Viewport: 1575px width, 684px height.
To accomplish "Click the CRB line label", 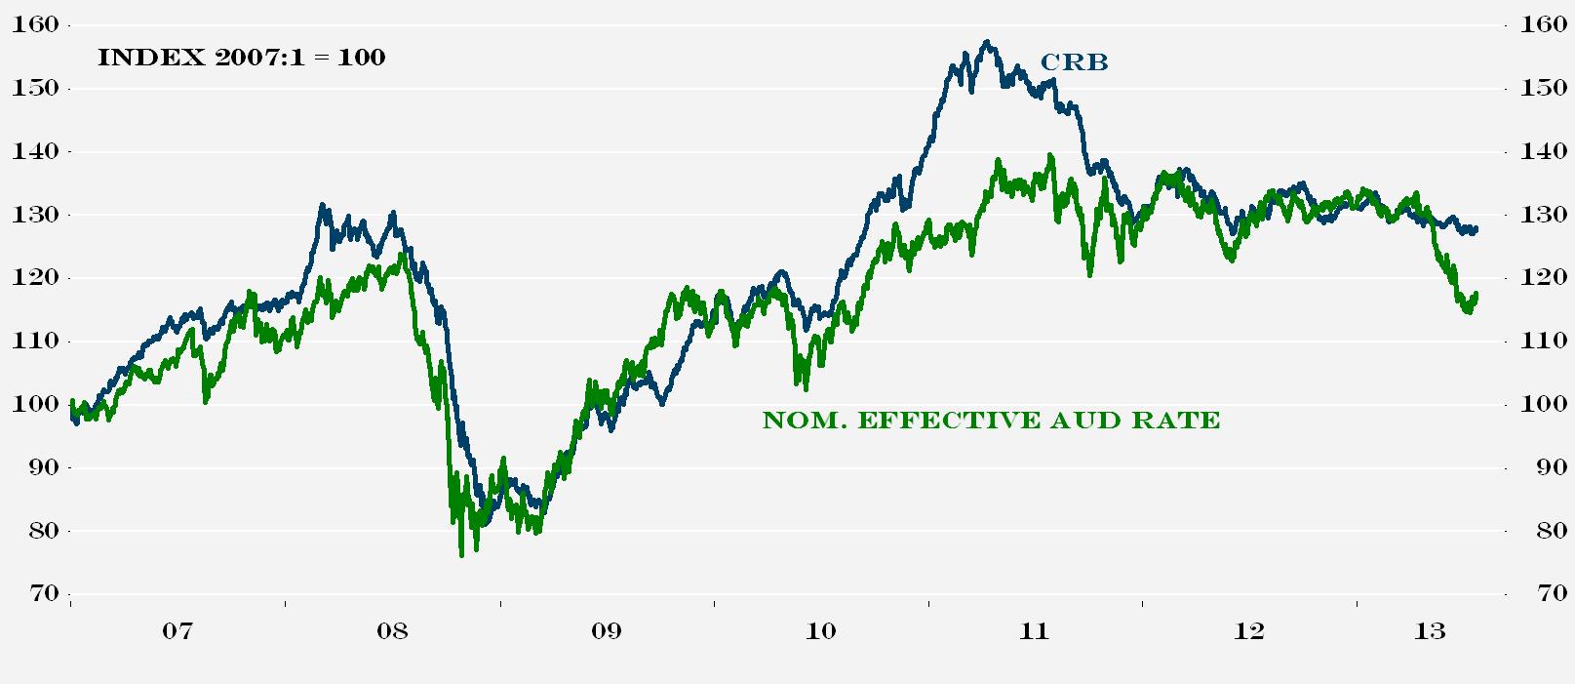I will pyautogui.click(x=1074, y=62).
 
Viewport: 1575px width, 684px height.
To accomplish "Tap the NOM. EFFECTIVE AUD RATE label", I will pyautogui.click(x=991, y=421).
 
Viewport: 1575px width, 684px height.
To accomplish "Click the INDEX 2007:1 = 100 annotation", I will pyautogui.click(x=241, y=58).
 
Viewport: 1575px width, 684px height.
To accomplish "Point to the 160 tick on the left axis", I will pyautogui.click(x=35, y=25).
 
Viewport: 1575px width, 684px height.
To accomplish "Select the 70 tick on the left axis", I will pyautogui.click(x=41, y=594).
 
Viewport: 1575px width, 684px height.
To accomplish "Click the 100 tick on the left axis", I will pyautogui.click(x=35, y=405).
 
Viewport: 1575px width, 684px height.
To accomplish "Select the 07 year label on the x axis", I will pyautogui.click(x=177, y=631).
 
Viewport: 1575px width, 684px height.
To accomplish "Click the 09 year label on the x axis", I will pyautogui.click(x=606, y=631).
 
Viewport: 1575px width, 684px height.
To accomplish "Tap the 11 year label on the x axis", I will pyautogui.click(x=1034, y=631).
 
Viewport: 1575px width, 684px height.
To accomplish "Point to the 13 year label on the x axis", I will pyautogui.click(x=1430, y=631).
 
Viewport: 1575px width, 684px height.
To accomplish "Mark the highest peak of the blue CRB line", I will pyautogui.click(x=987, y=42).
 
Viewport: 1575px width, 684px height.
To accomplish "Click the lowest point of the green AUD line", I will pyautogui.click(x=460, y=555).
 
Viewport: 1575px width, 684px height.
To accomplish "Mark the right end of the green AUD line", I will pyautogui.click(x=1477, y=294).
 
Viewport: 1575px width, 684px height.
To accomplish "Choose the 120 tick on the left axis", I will pyautogui.click(x=35, y=278).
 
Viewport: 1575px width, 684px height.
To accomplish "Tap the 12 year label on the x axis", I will pyautogui.click(x=1248, y=631).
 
